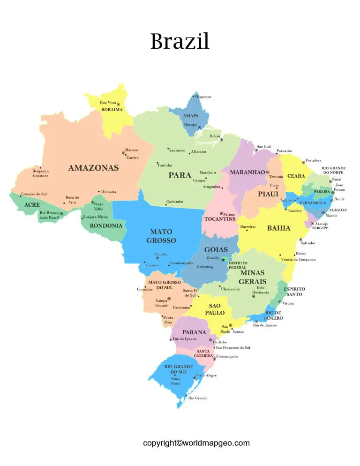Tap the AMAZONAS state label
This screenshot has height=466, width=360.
tap(93, 168)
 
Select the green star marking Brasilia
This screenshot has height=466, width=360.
tap(223, 260)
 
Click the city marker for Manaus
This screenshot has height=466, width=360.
tap(124, 153)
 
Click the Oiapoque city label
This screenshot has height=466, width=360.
tap(203, 97)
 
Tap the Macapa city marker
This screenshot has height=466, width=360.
tap(199, 128)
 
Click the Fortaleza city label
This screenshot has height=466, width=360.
tap(314, 160)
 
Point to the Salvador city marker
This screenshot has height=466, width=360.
tap(300, 240)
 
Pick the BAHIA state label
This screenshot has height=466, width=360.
tap(278, 228)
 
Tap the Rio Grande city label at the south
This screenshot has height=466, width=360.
tap(197, 398)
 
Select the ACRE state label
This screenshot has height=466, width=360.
tap(32, 205)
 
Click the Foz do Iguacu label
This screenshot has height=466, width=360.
tap(186, 339)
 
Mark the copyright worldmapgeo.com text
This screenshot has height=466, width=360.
tap(196, 443)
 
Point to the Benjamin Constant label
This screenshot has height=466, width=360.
tap(40, 173)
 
